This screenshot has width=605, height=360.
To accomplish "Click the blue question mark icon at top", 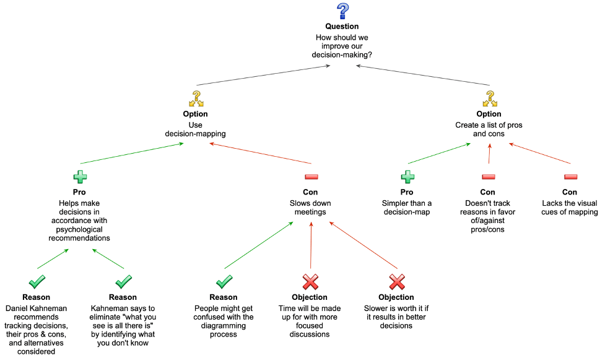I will [342, 11].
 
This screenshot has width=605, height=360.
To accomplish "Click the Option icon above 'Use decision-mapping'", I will [196, 99].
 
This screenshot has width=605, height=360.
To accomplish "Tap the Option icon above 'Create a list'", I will [489, 99].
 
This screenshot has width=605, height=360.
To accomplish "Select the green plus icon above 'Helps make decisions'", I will [80, 177].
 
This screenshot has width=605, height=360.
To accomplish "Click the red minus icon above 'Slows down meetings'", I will [311, 177].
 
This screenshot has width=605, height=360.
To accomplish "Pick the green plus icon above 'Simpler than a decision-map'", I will [407, 177].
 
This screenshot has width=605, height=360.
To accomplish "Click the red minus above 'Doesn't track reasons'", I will [489, 177].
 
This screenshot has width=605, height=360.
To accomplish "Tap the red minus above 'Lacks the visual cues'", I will [570, 177].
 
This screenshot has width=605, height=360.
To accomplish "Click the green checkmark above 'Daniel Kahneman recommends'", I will [36, 282].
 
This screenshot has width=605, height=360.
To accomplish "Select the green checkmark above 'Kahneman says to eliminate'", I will [123, 282].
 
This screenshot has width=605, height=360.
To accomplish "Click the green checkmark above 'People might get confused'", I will [224, 282].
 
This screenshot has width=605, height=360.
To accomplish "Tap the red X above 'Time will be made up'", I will [310, 282].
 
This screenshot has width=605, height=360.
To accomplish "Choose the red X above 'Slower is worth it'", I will [396, 282].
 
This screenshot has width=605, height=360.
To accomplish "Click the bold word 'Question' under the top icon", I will [342, 27].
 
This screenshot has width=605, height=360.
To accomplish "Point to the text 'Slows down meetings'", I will [310, 208].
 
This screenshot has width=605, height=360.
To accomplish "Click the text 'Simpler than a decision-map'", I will [407, 208].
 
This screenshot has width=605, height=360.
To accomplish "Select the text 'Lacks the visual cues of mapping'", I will [570, 208].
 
